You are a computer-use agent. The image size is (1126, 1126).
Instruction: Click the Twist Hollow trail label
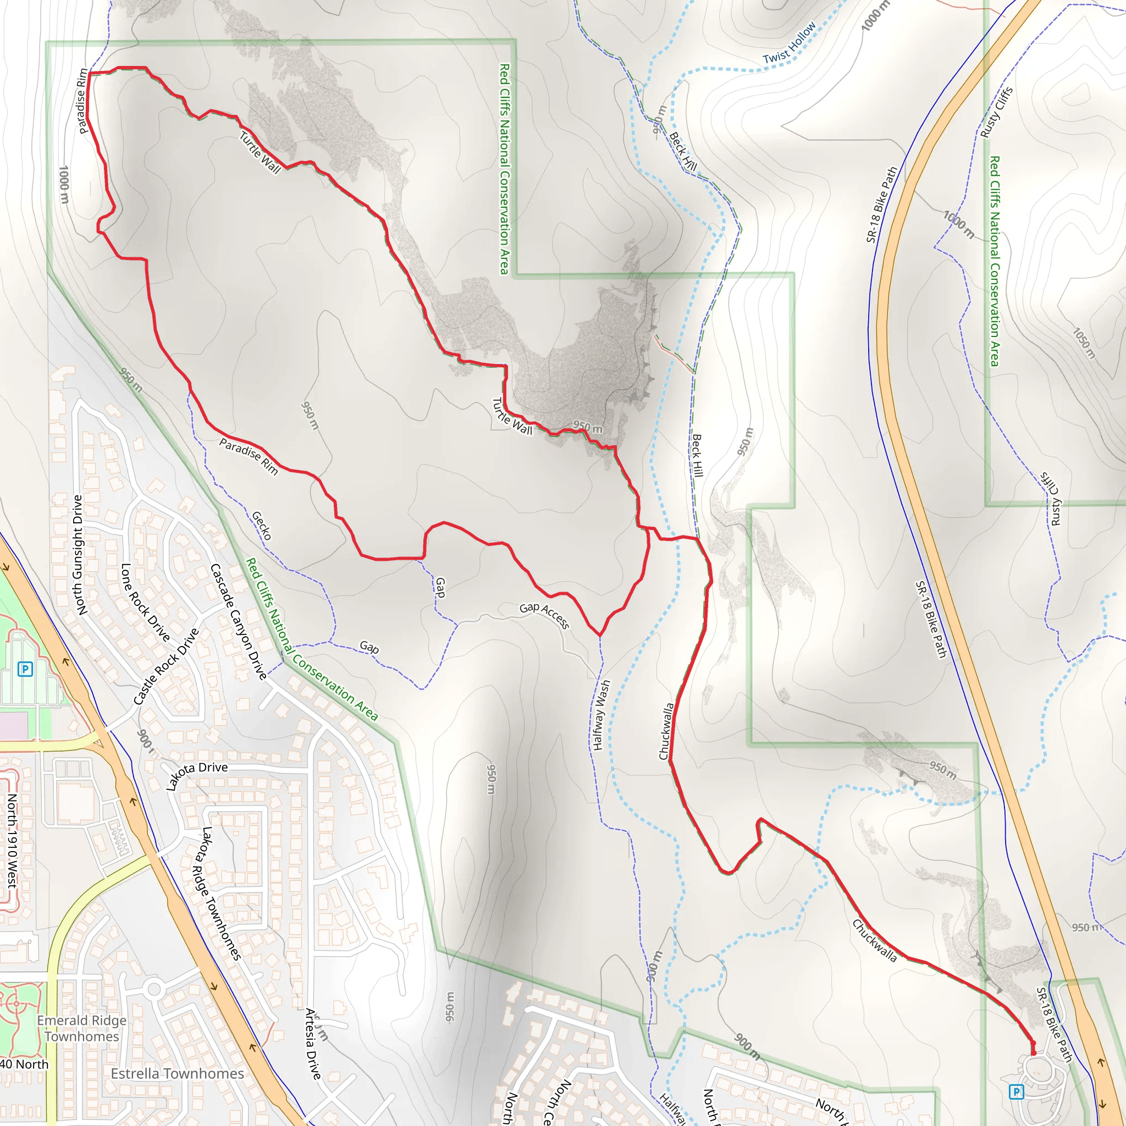coord(790,42)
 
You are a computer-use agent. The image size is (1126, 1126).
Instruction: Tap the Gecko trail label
coord(262,525)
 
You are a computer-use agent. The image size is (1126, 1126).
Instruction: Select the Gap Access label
coord(544,615)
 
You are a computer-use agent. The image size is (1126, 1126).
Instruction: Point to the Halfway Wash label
coord(601,715)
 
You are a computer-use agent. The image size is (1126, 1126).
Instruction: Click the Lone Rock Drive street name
coord(145,602)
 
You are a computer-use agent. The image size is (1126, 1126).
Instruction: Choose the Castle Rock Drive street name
coord(166,666)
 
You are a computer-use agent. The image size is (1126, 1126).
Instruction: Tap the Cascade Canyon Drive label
coord(239,621)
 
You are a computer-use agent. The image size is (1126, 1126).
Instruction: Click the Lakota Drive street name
coord(196,775)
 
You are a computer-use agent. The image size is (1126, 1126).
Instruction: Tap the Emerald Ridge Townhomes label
coord(81,1028)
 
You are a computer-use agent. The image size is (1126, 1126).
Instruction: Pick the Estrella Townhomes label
coord(177,1074)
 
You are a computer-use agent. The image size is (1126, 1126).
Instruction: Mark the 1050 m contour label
coord(1084,343)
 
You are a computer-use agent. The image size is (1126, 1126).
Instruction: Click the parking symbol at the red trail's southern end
coord(1017,1091)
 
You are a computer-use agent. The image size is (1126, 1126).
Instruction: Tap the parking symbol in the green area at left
coord(25,669)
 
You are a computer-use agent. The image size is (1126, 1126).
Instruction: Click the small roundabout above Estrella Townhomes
coord(154,989)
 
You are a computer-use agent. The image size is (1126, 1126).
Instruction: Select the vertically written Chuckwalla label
coord(666,731)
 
